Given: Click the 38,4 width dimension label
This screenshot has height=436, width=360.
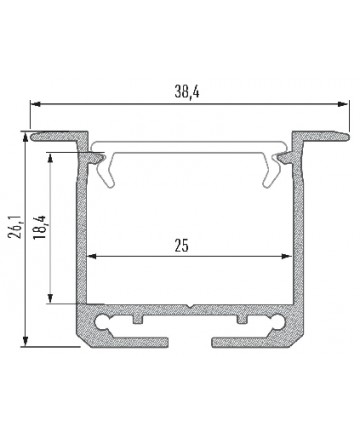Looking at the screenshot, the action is (187, 91).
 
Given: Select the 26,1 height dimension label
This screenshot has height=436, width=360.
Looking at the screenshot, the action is (16, 227).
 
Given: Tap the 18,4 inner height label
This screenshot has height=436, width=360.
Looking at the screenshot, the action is (39, 227).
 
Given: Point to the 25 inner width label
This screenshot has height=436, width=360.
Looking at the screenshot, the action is (182, 246).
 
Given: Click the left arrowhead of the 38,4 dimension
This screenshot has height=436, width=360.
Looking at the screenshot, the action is (36, 104).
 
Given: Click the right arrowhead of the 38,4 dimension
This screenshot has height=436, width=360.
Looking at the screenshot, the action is (343, 104).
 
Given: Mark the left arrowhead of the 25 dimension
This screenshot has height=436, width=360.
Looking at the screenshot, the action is (92, 256).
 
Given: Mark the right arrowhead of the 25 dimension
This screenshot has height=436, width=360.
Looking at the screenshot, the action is (287, 256).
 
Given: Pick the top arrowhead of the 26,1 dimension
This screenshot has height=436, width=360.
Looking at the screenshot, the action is (25, 137).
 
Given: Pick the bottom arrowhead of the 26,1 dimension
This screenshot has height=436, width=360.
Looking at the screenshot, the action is (25, 341).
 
